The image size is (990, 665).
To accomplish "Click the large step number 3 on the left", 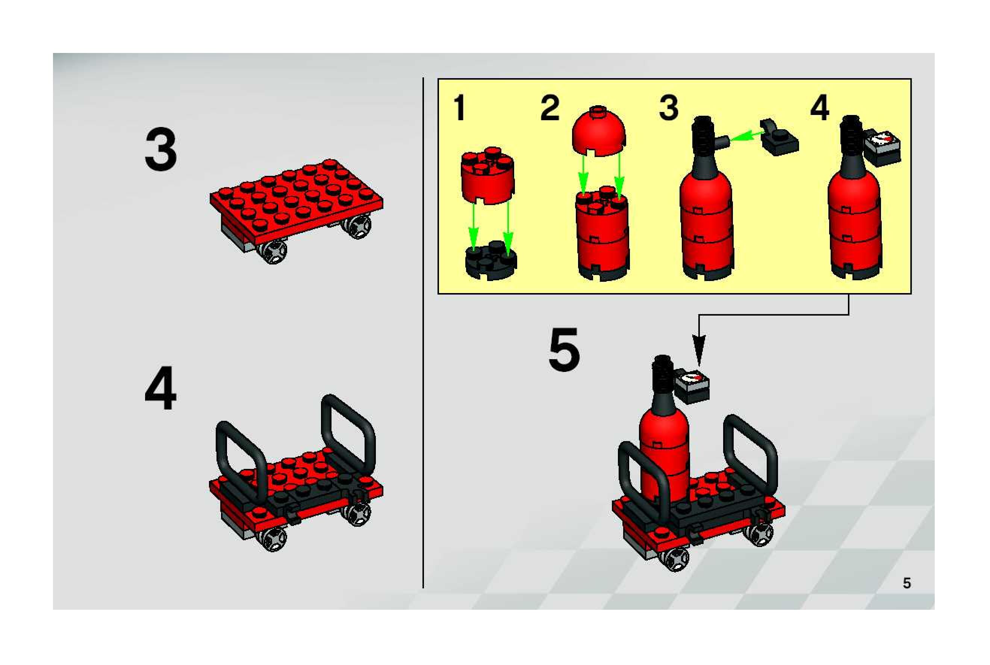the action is [161, 150].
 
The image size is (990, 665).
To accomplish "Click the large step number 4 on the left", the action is [160, 388].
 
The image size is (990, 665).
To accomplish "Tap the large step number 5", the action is [564, 349].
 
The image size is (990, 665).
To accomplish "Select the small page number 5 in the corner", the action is [907, 583].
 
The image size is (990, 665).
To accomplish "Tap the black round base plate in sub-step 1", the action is [491, 260].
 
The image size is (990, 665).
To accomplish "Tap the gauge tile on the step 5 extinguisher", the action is [692, 387].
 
